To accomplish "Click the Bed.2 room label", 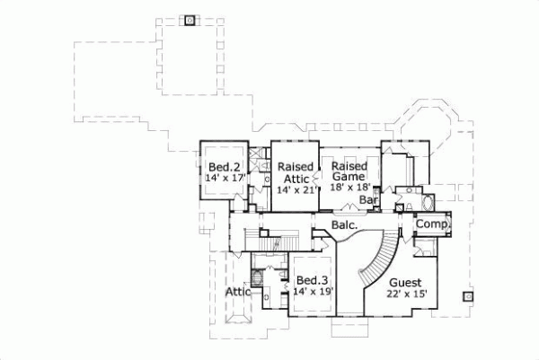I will click(223, 167).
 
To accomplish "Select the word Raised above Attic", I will click(295, 167).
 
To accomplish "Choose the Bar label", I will click(367, 199).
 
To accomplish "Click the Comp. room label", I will click(432, 224).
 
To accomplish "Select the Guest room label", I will click(405, 283).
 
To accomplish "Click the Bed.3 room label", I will click(311, 280).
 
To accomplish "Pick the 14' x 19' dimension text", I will click(312, 292).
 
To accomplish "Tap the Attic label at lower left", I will click(237, 292).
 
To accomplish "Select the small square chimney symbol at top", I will click(190, 20).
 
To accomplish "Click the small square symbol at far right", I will click(467, 295).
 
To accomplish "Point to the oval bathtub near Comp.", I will click(427, 201).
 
